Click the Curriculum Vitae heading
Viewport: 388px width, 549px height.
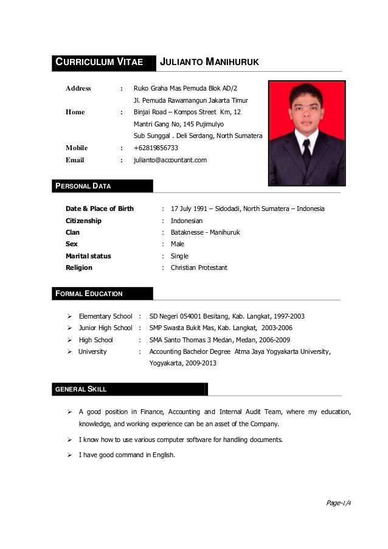[100, 62]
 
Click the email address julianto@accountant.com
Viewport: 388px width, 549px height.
[170, 160]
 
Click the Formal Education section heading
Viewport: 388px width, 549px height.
[89, 294]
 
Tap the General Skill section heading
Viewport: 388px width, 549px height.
[80, 388]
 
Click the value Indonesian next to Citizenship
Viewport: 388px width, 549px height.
[186, 221]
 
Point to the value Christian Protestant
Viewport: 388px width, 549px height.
[199, 268]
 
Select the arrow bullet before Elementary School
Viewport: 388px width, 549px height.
[70, 316]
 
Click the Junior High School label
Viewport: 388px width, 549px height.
[105, 328]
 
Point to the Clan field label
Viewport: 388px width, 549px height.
[72, 232]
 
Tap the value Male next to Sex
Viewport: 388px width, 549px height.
[178, 244]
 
